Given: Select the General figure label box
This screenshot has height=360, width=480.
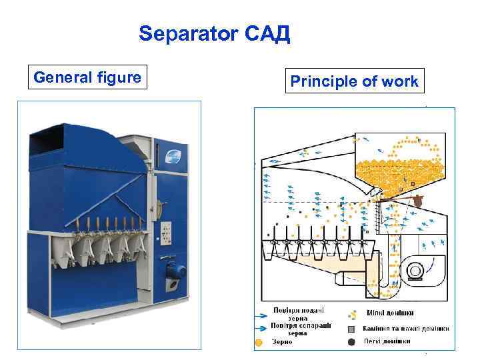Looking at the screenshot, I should click(87, 78).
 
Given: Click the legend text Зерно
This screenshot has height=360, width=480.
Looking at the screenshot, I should click(283, 342).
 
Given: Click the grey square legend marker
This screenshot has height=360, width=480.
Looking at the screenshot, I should click(351, 329).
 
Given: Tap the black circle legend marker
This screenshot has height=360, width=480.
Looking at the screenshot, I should click(351, 342).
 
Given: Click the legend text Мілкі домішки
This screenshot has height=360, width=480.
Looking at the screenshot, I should click(391, 313).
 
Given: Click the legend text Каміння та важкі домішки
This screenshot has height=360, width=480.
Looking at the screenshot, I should click(405, 328).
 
